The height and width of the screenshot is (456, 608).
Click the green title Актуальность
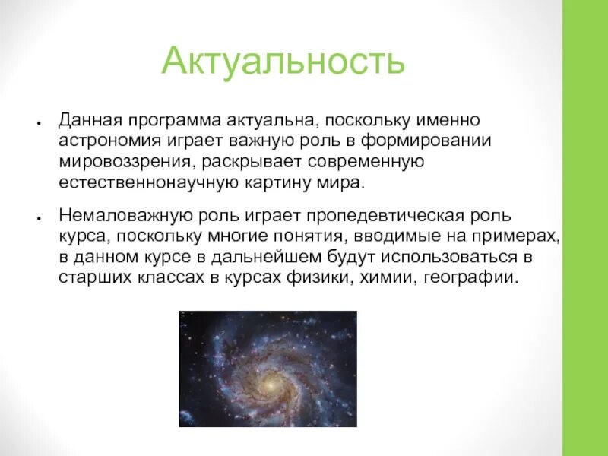point(283,62)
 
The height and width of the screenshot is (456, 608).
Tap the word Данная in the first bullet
point(90,121)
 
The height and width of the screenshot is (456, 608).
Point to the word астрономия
point(109,141)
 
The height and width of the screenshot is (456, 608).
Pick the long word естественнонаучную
point(148,183)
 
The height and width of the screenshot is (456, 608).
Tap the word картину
point(277,183)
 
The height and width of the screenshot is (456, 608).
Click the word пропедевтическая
point(385,217)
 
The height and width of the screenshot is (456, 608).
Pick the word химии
point(388,278)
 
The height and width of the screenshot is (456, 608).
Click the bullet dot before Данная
point(40,122)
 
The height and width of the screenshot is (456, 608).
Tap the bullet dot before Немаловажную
point(40,218)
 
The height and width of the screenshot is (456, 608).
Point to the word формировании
point(426,141)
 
